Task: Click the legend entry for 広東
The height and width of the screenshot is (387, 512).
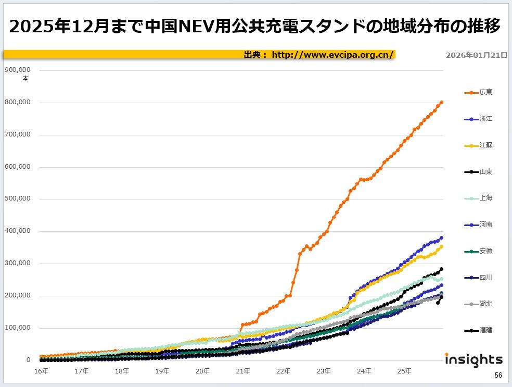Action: (x=478, y=92)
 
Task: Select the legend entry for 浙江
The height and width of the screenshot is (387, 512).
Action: (x=478, y=119)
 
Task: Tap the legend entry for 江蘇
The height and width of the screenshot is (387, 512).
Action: (x=478, y=145)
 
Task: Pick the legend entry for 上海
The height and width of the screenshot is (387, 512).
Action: (x=478, y=198)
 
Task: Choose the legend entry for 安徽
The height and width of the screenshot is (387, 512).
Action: (x=478, y=251)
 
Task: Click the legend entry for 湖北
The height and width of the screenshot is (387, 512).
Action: (x=478, y=304)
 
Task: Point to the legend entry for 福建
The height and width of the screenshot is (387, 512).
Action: (x=478, y=330)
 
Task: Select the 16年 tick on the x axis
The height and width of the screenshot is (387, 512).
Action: (x=41, y=371)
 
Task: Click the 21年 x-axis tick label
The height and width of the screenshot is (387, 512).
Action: (x=242, y=371)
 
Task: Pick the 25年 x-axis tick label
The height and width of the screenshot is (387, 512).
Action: (x=404, y=371)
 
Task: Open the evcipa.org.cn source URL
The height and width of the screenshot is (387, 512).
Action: (x=333, y=55)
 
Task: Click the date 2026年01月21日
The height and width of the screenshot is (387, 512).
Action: (x=476, y=55)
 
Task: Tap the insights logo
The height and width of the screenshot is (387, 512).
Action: (x=473, y=359)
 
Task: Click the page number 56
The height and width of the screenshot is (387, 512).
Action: (x=498, y=375)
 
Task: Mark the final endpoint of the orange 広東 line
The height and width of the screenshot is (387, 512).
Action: (x=441, y=103)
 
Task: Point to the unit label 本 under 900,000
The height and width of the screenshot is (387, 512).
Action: (x=25, y=79)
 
